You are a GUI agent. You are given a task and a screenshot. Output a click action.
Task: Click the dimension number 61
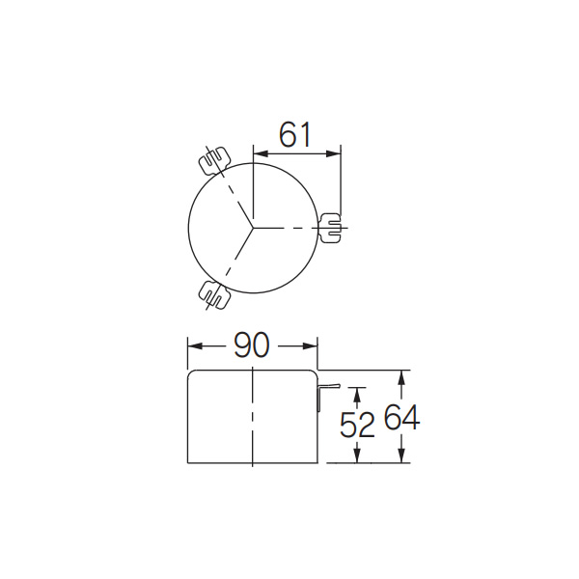pyautogui.click(x=295, y=135)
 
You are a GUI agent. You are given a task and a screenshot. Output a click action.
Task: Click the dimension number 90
pyautogui.click(x=252, y=345)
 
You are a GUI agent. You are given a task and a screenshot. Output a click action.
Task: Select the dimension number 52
pyautogui.click(x=357, y=425)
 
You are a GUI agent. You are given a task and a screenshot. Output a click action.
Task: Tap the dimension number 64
pyautogui.click(x=401, y=417)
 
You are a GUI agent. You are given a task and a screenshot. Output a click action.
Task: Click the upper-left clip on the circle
pyautogui.click(x=214, y=160)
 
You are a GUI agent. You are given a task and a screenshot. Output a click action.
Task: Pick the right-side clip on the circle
pyautogui.click(x=330, y=228)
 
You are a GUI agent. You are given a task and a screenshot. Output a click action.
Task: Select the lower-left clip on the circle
pyautogui.click(x=214, y=294)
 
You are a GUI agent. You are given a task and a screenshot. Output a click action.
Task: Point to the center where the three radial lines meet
pyautogui.click(x=253, y=228)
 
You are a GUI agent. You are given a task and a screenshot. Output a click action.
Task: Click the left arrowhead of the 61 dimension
pyautogui.click(x=260, y=153)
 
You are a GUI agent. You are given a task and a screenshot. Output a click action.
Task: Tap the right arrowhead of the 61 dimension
pyautogui.click(x=334, y=153)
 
